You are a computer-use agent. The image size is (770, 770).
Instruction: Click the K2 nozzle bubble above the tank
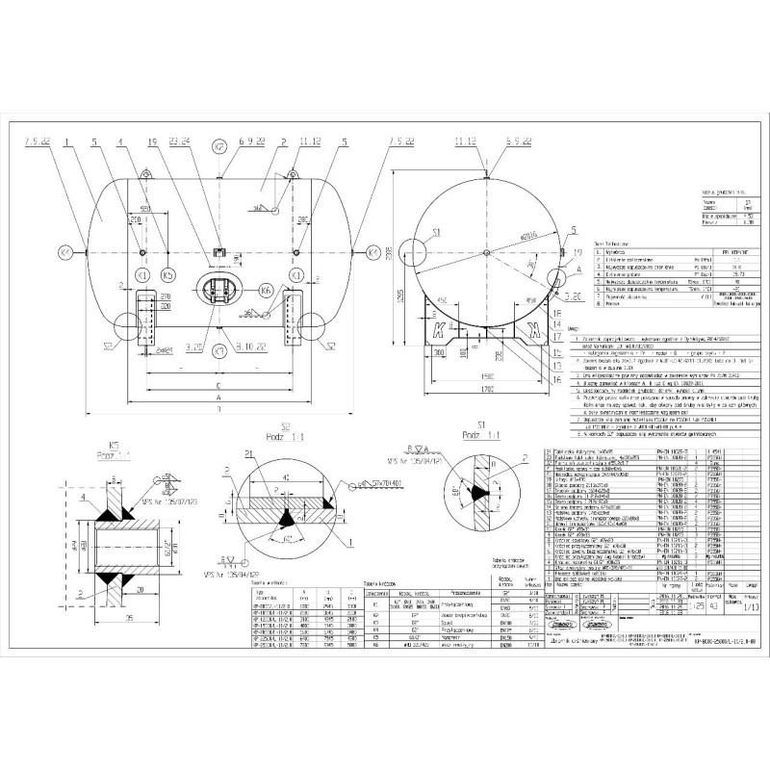click(219, 148)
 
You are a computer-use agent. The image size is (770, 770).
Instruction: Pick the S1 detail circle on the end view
click(436, 233)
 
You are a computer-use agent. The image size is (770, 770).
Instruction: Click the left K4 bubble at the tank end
click(65, 252)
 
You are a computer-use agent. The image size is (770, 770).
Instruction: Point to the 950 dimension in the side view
click(145, 208)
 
